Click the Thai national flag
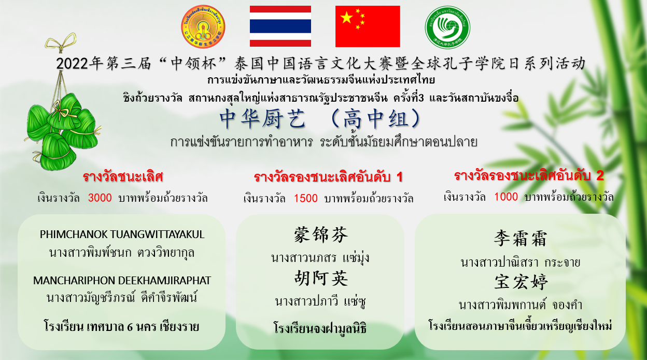pos(280,26)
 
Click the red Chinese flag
pos(368,26)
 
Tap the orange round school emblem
pos(203,26)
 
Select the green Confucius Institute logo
pos(447,27)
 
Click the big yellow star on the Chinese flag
pos(347,18)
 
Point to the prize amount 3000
pos(100,198)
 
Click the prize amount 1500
pos(305,199)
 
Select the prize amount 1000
pos(506,197)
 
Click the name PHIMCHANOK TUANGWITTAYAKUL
pos(122,234)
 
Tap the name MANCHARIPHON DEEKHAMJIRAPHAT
pos(122,280)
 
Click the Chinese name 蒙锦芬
pos(320,234)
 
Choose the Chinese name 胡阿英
pos(321,278)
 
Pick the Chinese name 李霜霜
pos(520,239)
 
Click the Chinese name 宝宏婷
pos(521,282)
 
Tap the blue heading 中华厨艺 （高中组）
pos(320,118)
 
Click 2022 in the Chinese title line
pos(72,64)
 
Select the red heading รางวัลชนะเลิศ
pos(123,176)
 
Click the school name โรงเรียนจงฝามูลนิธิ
pos(320,328)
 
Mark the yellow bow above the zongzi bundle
pos(61,43)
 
